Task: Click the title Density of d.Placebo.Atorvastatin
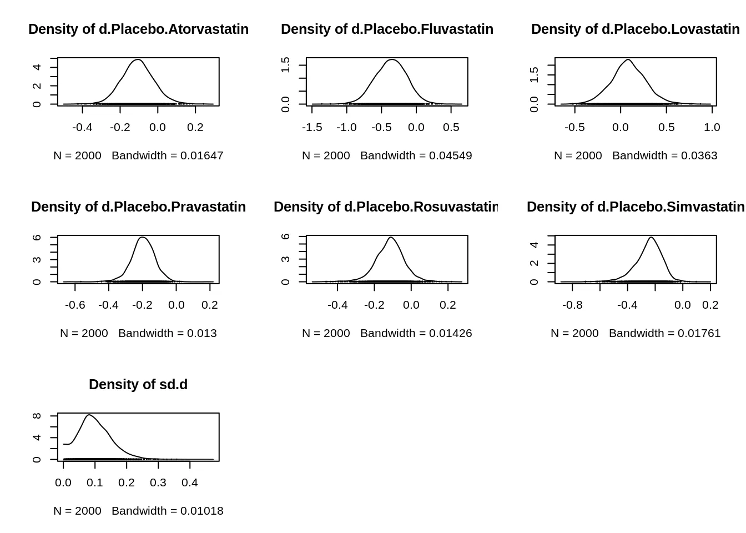coord(138,29)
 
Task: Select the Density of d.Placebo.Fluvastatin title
coord(387,29)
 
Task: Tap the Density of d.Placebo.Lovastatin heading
coord(635,29)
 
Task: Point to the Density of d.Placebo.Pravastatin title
coord(138,207)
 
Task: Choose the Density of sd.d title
coord(138,385)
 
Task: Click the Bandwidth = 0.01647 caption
coord(167,155)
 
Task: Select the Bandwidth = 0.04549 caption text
coord(416,155)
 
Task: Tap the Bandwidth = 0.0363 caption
coord(664,155)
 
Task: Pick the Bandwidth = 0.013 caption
coord(167,333)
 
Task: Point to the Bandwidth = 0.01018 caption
coord(167,511)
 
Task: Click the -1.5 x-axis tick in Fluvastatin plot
coord(312,127)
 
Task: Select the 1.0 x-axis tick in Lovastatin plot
coord(712,127)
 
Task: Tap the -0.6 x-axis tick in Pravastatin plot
coord(75,305)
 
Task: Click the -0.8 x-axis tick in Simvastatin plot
coord(572,305)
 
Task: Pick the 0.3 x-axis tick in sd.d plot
coord(158,482)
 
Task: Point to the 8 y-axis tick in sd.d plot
coord(37,415)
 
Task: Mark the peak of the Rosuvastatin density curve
coord(391,238)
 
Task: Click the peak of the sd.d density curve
coord(89,415)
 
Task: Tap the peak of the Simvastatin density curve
coord(651,238)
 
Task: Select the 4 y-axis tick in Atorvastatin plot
coord(37,67)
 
